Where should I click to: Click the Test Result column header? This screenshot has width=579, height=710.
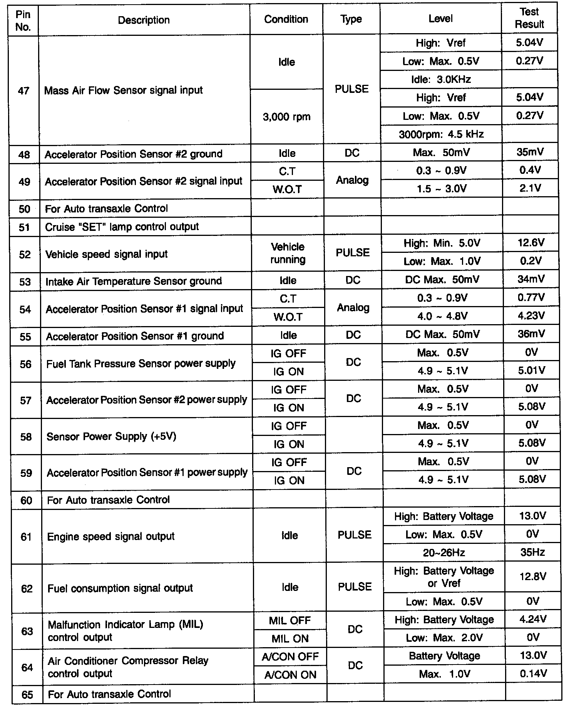[x=529, y=18]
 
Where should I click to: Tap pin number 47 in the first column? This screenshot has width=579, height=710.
[x=24, y=91]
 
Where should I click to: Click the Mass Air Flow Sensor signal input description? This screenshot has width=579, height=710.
[x=124, y=91]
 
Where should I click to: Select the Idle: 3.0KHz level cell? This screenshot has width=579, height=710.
[x=441, y=80]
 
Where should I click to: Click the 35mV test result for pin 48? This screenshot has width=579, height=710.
[x=530, y=152]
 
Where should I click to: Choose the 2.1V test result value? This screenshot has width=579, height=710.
[x=530, y=188]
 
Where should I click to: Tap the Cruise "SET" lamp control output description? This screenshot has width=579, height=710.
[x=122, y=227]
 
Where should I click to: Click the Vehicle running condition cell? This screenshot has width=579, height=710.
[x=288, y=253]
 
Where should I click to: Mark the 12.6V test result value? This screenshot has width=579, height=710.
[x=531, y=243]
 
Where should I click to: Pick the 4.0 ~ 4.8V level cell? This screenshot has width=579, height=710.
[x=442, y=316]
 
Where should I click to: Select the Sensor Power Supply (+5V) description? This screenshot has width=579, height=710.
[x=111, y=437]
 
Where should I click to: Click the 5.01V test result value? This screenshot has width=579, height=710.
[x=531, y=371]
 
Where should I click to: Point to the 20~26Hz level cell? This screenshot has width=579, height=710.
[x=444, y=553]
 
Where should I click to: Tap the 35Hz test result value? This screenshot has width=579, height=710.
[x=532, y=553]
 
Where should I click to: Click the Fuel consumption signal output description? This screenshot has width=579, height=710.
[x=120, y=589]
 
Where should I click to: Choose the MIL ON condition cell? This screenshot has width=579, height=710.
[x=290, y=639]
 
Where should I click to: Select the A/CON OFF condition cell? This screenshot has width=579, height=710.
[x=290, y=657]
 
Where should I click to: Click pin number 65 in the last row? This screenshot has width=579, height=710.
[x=27, y=695]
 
